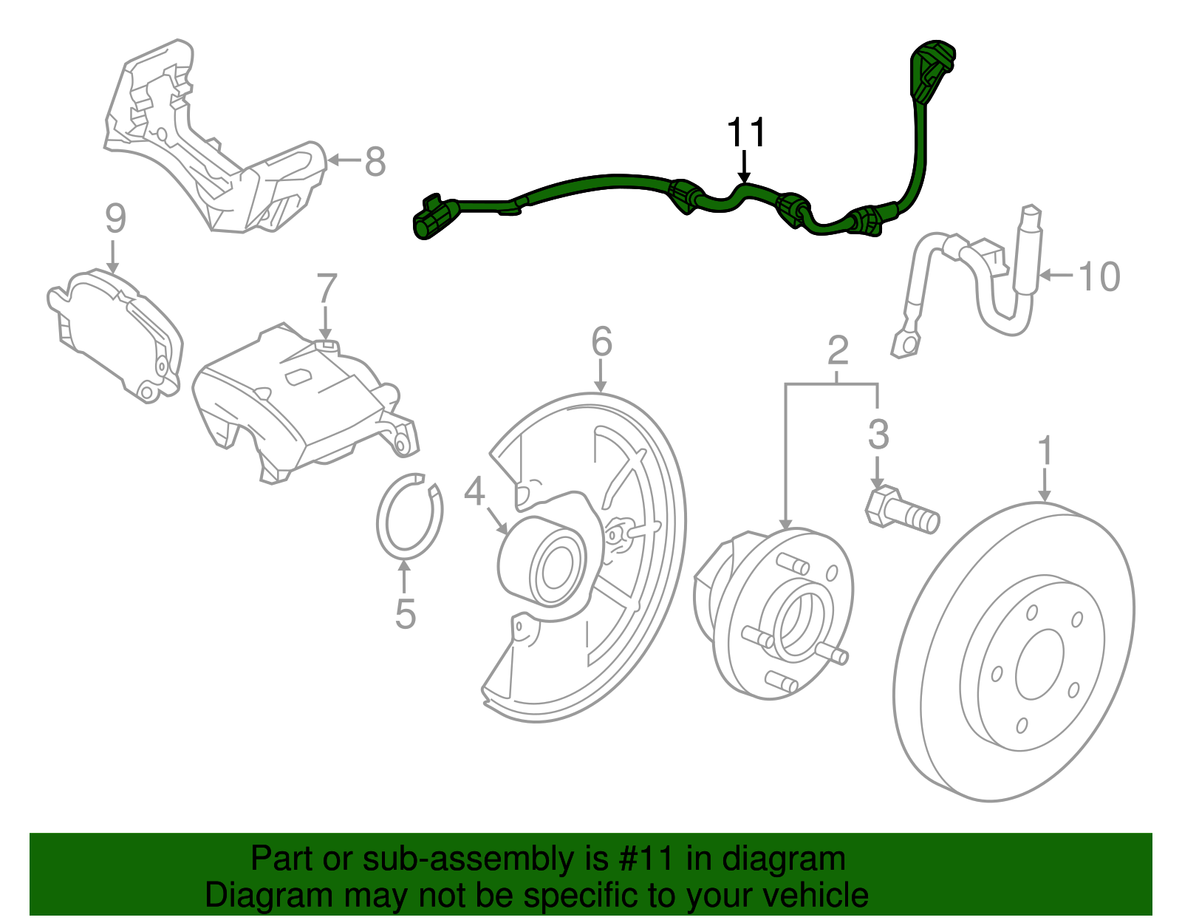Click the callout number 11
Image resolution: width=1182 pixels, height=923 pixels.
point(746,132)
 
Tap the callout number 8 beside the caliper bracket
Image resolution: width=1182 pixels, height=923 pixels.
point(375,160)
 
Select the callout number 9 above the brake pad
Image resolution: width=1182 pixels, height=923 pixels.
point(115,219)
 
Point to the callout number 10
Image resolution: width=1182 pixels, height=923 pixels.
point(1099,276)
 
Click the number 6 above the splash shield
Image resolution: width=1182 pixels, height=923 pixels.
point(602,342)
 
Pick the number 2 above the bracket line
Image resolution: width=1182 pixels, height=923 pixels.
point(838,350)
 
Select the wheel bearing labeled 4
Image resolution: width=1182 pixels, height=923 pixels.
point(543,562)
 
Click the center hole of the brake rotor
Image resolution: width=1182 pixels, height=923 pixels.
point(1039,664)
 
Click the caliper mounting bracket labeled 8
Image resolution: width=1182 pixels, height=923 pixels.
point(214,140)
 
